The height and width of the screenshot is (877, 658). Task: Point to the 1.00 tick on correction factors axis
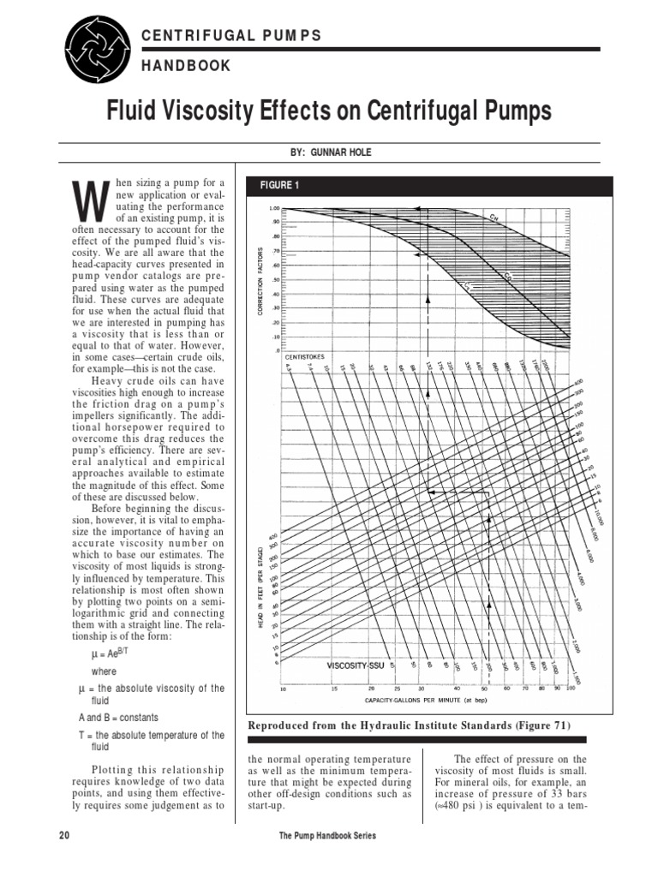274,209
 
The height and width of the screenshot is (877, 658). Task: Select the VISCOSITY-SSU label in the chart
356,665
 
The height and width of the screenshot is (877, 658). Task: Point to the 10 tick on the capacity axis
284,689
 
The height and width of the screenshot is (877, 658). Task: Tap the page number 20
64,835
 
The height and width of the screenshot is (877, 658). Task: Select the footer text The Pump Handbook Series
328,835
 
